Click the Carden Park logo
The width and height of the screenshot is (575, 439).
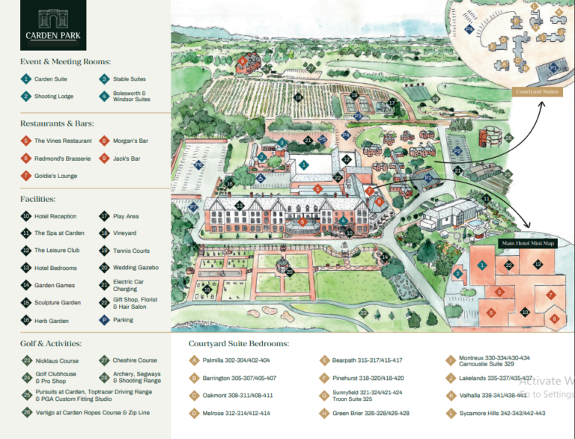(53, 25)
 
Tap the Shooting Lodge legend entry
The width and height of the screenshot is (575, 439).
(52, 96)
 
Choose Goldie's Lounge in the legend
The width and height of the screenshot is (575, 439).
(55, 176)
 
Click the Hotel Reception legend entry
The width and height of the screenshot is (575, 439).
(55, 216)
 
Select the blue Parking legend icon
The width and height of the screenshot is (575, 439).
(104, 319)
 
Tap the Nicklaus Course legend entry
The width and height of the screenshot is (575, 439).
(56, 360)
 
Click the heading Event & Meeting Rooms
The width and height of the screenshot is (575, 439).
(66, 61)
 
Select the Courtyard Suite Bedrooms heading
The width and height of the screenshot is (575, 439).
(239, 343)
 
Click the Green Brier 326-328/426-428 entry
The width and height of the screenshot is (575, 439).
(371, 413)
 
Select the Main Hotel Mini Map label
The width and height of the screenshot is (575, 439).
(528, 243)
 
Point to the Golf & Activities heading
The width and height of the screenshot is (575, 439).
(51, 343)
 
